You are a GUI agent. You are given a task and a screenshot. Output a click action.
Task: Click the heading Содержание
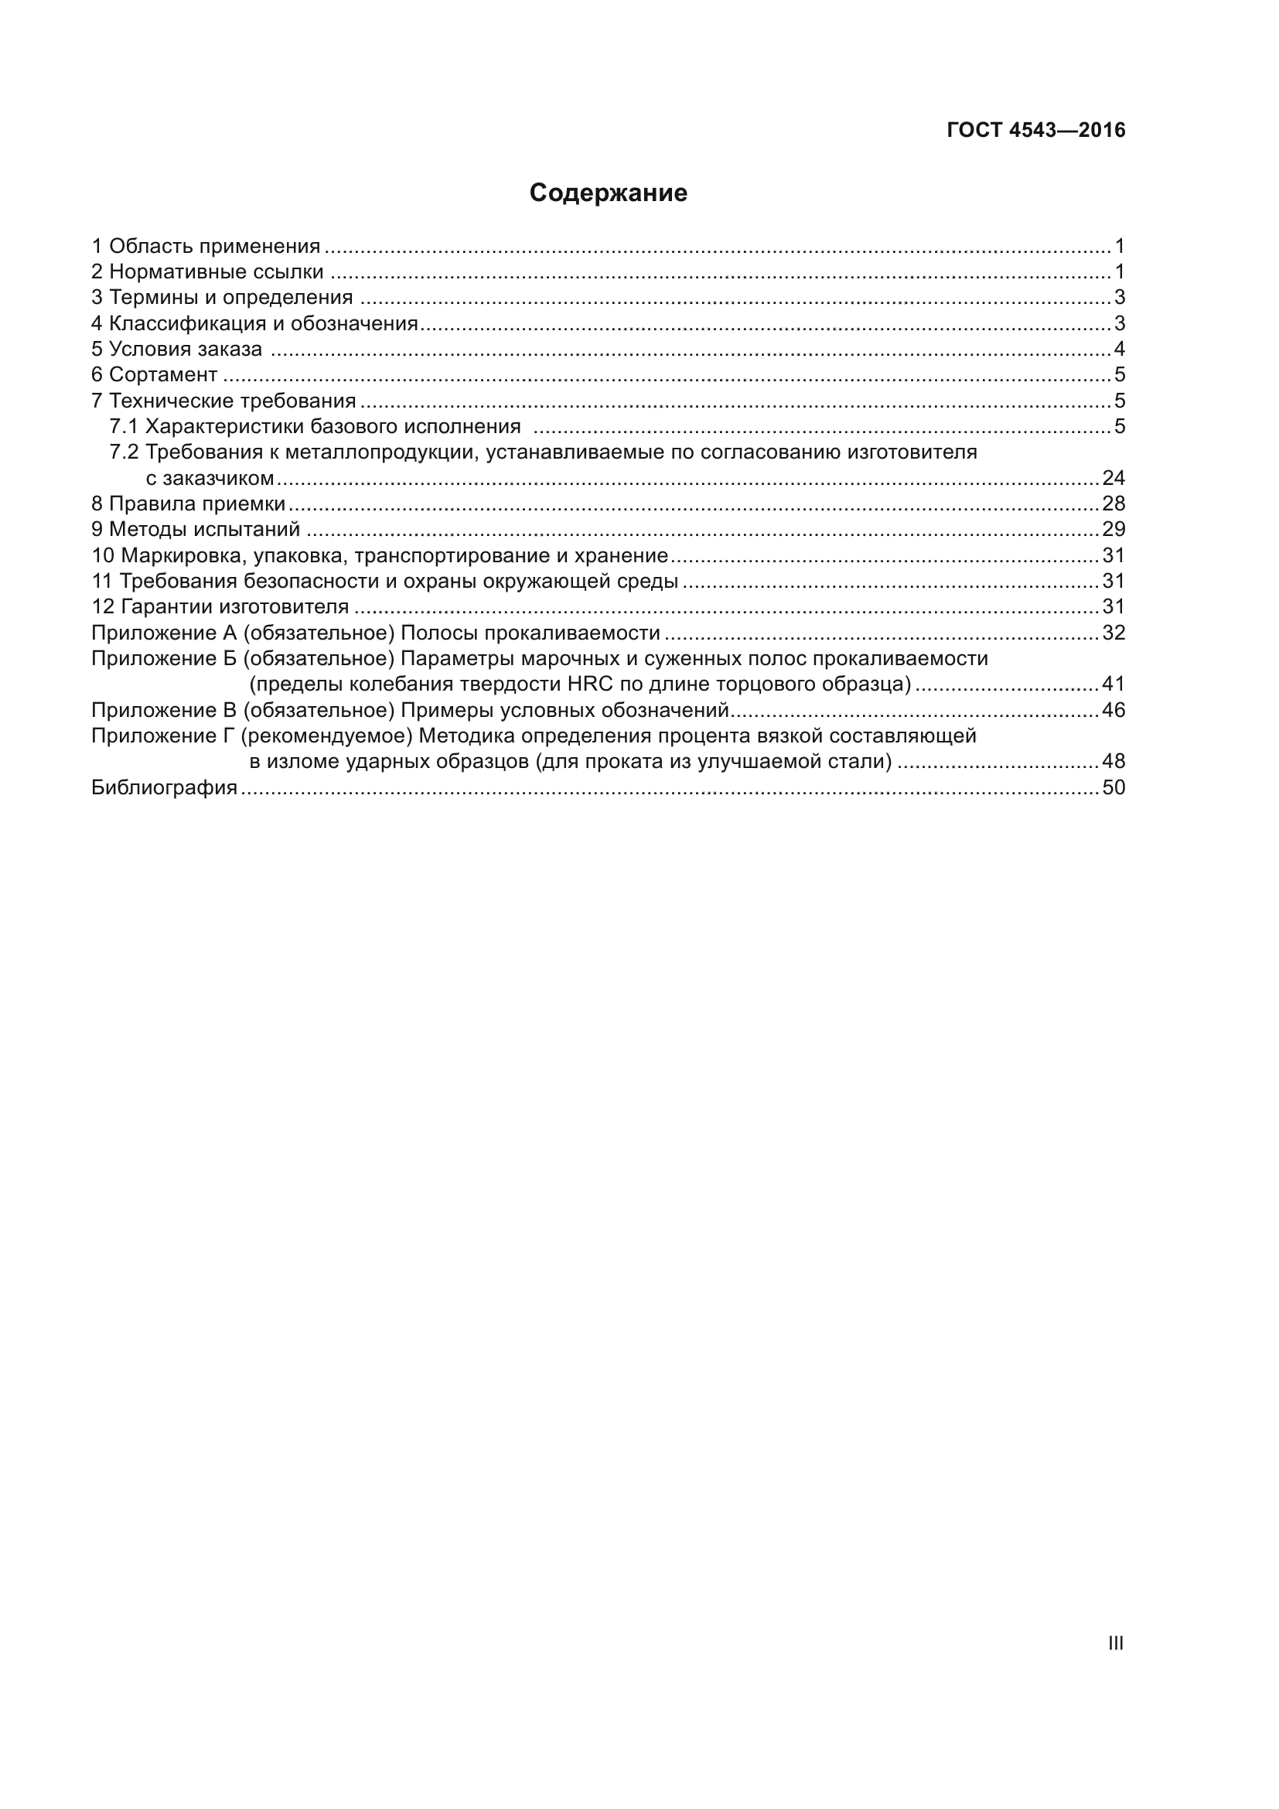click(x=608, y=193)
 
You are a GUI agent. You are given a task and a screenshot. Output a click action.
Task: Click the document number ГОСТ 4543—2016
click(x=1035, y=130)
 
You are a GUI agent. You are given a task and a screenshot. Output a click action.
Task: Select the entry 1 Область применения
click(x=206, y=247)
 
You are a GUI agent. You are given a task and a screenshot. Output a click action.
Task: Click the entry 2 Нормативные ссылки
click(x=208, y=271)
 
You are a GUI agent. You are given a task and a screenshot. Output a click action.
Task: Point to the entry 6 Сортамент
click(x=155, y=375)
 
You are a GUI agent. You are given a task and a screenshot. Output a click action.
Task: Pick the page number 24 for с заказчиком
click(x=1113, y=478)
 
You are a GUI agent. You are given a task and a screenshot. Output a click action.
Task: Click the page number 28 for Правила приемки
click(x=1113, y=503)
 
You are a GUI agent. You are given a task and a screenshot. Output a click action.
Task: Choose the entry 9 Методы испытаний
click(x=196, y=530)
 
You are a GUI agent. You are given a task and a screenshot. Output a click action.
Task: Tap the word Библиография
click(x=165, y=788)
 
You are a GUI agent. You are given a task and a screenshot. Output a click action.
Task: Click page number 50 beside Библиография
click(x=1113, y=788)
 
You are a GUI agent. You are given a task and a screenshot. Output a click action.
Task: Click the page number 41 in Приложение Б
click(x=1113, y=684)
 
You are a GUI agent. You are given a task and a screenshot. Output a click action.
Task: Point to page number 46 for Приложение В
click(x=1113, y=711)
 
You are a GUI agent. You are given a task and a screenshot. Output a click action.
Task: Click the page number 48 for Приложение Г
click(x=1113, y=762)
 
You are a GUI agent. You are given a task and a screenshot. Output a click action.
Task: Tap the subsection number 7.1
click(x=124, y=427)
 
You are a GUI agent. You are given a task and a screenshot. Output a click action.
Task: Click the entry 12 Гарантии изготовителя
click(x=220, y=606)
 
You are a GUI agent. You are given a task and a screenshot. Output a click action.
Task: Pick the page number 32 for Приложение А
click(x=1113, y=633)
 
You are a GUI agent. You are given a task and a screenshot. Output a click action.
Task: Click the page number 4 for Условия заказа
click(x=1119, y=349)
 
